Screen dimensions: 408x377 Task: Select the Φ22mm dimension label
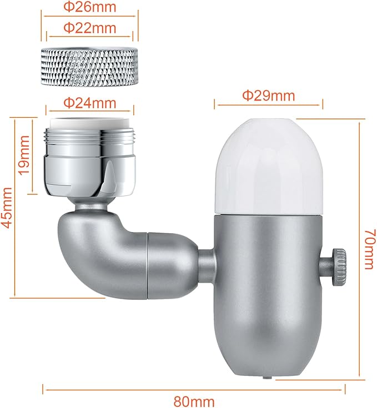tap(89, 27)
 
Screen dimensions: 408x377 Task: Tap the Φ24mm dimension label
tap(89, 103)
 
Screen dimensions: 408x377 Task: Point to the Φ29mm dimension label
tap(268, 95)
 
